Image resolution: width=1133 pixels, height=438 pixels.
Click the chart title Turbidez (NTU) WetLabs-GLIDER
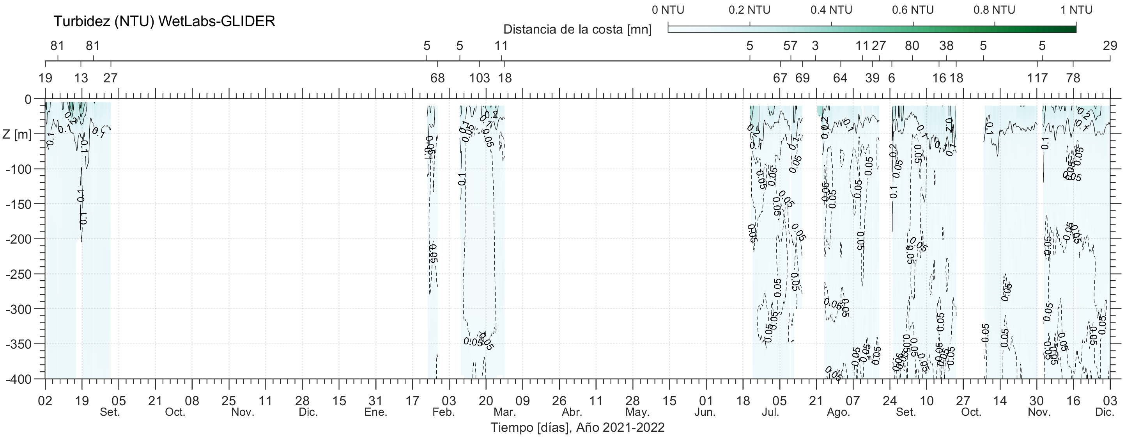click(x=164, y=21)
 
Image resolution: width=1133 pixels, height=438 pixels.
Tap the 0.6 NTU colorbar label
click(x=913, y=10)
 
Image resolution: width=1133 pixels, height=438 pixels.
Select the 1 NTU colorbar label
click(x=1076, y=10)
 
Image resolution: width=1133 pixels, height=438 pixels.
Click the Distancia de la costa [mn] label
click(x=577, y=30)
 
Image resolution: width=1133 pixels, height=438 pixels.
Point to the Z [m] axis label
click(x=17, y=134)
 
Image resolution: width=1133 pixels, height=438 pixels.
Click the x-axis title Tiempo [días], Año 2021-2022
click(x=577, y=427)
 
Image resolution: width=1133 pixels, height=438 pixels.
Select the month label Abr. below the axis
click(x=572, y=413)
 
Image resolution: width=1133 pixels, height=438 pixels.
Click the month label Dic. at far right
click(x=1105, y=413)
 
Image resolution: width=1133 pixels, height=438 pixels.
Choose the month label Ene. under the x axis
click(x=376, y=413)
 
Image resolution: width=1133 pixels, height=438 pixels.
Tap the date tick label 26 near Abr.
click(x=559, y=401)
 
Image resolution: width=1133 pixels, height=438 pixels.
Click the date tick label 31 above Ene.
click(x=375, y=401)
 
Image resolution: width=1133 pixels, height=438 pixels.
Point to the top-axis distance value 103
click(x=480, y=78)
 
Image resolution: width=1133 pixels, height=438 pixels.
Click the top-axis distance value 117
click(x=1037, y=78)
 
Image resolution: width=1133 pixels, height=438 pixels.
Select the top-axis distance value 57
click(x=790, y=45)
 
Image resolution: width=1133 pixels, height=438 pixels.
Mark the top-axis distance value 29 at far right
click(x=1110, y=45)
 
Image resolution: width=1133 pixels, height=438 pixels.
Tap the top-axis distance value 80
click(x=912, y=45)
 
